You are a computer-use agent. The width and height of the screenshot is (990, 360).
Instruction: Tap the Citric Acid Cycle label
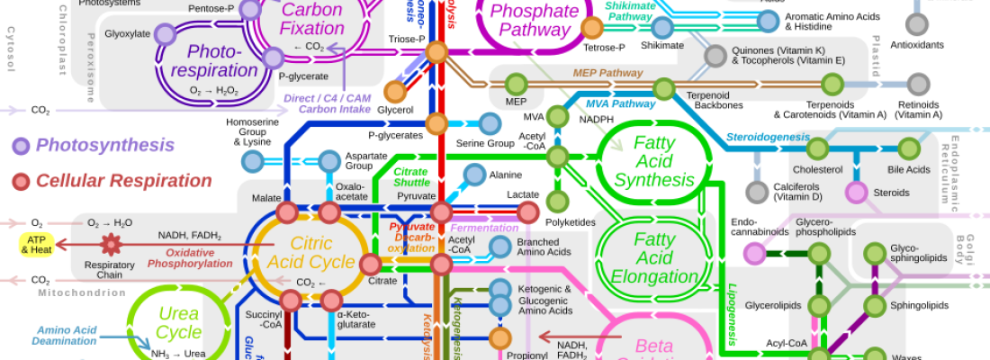pos(310,253)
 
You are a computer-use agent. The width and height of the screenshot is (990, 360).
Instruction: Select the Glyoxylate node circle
pos(164,35)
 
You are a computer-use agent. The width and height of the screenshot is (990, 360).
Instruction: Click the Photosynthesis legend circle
pos(21,145)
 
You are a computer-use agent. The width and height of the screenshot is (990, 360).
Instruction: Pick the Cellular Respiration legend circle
pos(21,181)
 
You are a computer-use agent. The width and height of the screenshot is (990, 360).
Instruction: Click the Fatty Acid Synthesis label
pos(653,161)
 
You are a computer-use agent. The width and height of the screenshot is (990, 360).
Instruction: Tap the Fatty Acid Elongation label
pos(653,258)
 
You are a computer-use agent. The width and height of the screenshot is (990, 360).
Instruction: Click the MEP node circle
pos(516,84)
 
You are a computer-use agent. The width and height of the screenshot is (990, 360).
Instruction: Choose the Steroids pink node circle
pos(857,192)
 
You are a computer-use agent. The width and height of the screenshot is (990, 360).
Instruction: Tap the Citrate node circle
pos(371,264)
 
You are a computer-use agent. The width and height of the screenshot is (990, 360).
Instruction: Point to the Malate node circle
pos(287,212)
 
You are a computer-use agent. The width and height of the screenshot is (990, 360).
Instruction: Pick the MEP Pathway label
pos(607,73)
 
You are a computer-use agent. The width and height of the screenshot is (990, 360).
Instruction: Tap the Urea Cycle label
pos(177,323)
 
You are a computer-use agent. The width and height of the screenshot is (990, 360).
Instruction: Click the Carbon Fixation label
pos(312,19)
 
